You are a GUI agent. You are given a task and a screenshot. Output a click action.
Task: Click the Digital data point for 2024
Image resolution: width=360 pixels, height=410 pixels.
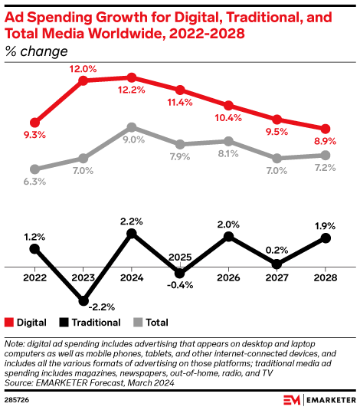coord(132,77)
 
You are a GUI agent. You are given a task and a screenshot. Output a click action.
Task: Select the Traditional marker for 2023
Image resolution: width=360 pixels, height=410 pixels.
coord(83,301)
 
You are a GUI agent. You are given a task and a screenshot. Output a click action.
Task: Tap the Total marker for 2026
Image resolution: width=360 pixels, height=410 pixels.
coord(228,141)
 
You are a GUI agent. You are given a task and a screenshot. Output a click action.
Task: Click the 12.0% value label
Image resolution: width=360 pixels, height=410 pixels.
coord(83,68)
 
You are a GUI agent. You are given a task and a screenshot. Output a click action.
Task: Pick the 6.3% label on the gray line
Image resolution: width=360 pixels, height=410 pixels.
coord(34,182)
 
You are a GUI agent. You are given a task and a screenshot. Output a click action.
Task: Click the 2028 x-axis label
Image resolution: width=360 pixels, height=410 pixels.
coord(326,278)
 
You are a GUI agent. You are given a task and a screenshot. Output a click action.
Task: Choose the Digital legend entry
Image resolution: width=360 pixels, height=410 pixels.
coord(27,323)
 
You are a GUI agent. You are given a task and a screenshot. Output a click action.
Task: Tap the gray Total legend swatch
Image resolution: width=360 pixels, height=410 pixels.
coord(139,323)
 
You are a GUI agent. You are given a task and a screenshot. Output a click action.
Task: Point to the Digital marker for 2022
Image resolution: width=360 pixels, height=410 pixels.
coord(34,122)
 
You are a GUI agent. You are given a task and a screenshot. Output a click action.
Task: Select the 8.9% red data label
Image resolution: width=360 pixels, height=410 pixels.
coord(326,142)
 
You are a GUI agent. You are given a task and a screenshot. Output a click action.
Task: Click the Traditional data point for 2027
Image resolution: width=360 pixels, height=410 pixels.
coord(277,264)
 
